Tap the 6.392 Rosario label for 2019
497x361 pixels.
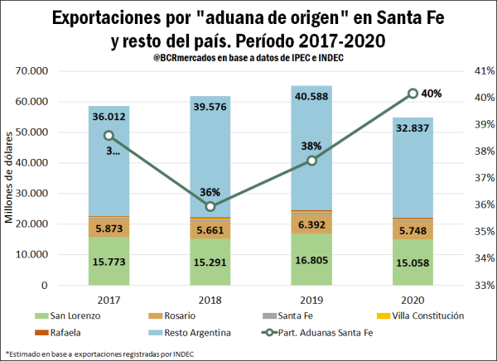[311, 223]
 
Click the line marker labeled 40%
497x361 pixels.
[413, 94]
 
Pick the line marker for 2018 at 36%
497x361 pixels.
[210, 206]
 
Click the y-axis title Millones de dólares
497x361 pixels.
[11, 178]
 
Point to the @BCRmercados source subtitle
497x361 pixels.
[248, 55]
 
